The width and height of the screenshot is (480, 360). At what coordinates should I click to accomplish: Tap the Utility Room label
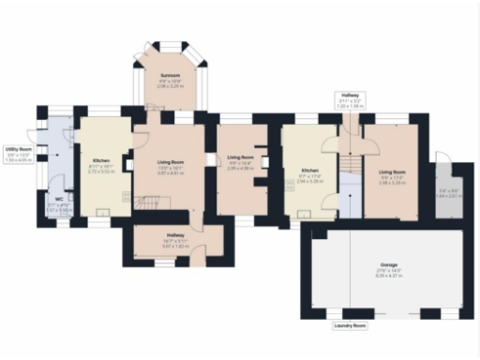(x=18, y=149)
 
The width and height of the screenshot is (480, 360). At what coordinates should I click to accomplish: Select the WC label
(x=58, y=198)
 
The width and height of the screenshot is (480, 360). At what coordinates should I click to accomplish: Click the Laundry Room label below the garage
(x=349, y=326)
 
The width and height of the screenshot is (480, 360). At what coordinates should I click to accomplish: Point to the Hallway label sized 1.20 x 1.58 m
(x=350, y=95)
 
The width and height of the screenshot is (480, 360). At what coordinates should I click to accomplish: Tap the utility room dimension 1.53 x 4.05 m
(x=18, y=160)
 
